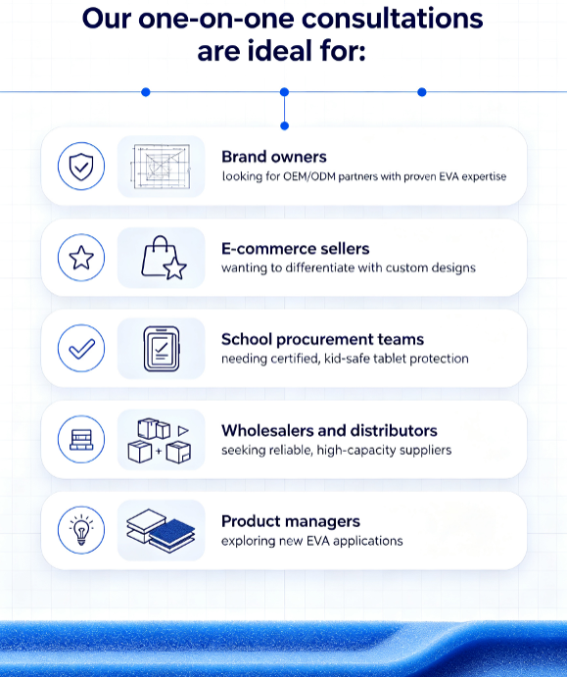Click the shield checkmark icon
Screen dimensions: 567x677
81,167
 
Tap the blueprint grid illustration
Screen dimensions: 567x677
161,167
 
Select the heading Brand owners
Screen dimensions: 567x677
274,157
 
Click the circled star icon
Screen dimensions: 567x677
81,258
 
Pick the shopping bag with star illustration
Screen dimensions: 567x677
164,258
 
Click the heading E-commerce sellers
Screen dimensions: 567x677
296,249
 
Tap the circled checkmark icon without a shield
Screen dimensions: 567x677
81,349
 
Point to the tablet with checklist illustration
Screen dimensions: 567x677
162,349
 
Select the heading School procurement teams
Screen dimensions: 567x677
323,339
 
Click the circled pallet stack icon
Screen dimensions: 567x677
81,440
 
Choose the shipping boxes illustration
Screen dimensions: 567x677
160,441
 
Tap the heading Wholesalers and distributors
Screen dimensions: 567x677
329,430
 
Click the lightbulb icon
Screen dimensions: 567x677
81,530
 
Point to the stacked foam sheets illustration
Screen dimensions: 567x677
161,531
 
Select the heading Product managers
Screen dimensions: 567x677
291,521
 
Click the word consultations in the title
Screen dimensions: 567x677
393,19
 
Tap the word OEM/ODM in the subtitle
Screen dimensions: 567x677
309,176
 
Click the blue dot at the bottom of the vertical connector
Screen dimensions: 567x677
284,126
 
